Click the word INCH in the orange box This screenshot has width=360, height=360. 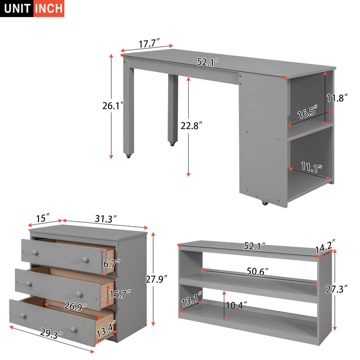[x=49, y=9]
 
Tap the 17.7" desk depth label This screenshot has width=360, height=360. [x=148, y=44]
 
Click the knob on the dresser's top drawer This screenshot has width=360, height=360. [x=35, y=253]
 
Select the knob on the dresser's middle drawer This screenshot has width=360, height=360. [x=79, y=294]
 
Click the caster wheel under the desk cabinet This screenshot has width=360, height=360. [x=265, y=204]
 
